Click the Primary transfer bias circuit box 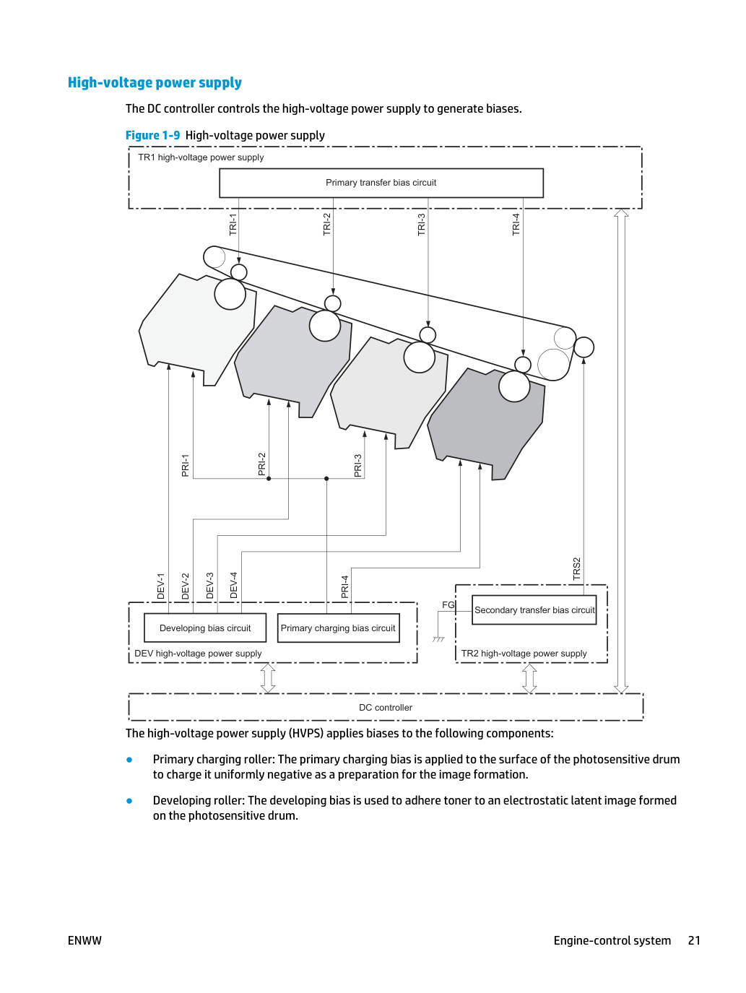pos(381,183)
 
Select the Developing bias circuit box pos(205,628)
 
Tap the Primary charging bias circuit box pos(338,628)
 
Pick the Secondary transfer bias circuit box pos(534,610)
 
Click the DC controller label pos(386,707)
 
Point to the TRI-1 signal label pos(233,225)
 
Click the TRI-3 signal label pos(421,225)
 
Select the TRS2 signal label pos(576,568)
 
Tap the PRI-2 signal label pos(261,464)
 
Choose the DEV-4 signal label pos(233,586)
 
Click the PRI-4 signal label pos(344,586)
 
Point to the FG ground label pos(448,605)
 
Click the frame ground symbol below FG pos(438,639)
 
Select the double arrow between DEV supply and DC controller pos(268,678)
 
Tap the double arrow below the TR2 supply pos(529,678)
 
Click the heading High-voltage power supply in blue pos(155,83)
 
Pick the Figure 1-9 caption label pos(152,135)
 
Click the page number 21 pos(694,940)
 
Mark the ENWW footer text pos(84,940)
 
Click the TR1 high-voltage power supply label pos(201,157)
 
